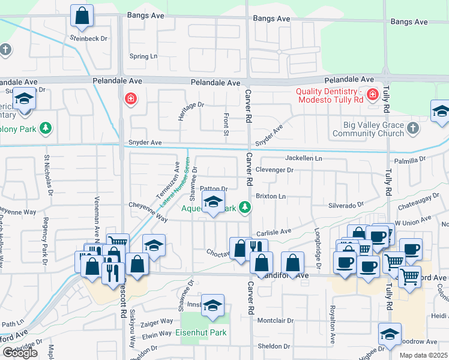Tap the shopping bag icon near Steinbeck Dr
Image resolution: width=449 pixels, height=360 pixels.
click(82, 16)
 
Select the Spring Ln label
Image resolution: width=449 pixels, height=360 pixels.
click(143, 56)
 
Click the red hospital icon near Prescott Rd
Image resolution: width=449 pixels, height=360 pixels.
click(129, 98)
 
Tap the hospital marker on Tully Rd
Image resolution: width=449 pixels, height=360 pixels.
click(372, 94)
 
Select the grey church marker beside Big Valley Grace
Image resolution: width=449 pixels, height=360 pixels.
click(412, 128)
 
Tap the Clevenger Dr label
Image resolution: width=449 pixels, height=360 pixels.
click(274, 170)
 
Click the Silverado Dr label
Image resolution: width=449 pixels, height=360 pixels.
click(346, 205)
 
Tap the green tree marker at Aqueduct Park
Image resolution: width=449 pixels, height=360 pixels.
click(244, 208)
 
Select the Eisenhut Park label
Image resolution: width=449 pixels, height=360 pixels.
click(205, 332)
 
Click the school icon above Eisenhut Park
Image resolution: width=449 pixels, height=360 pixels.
click(212, 305)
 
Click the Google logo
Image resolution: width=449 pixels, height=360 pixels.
click(20, 353)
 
